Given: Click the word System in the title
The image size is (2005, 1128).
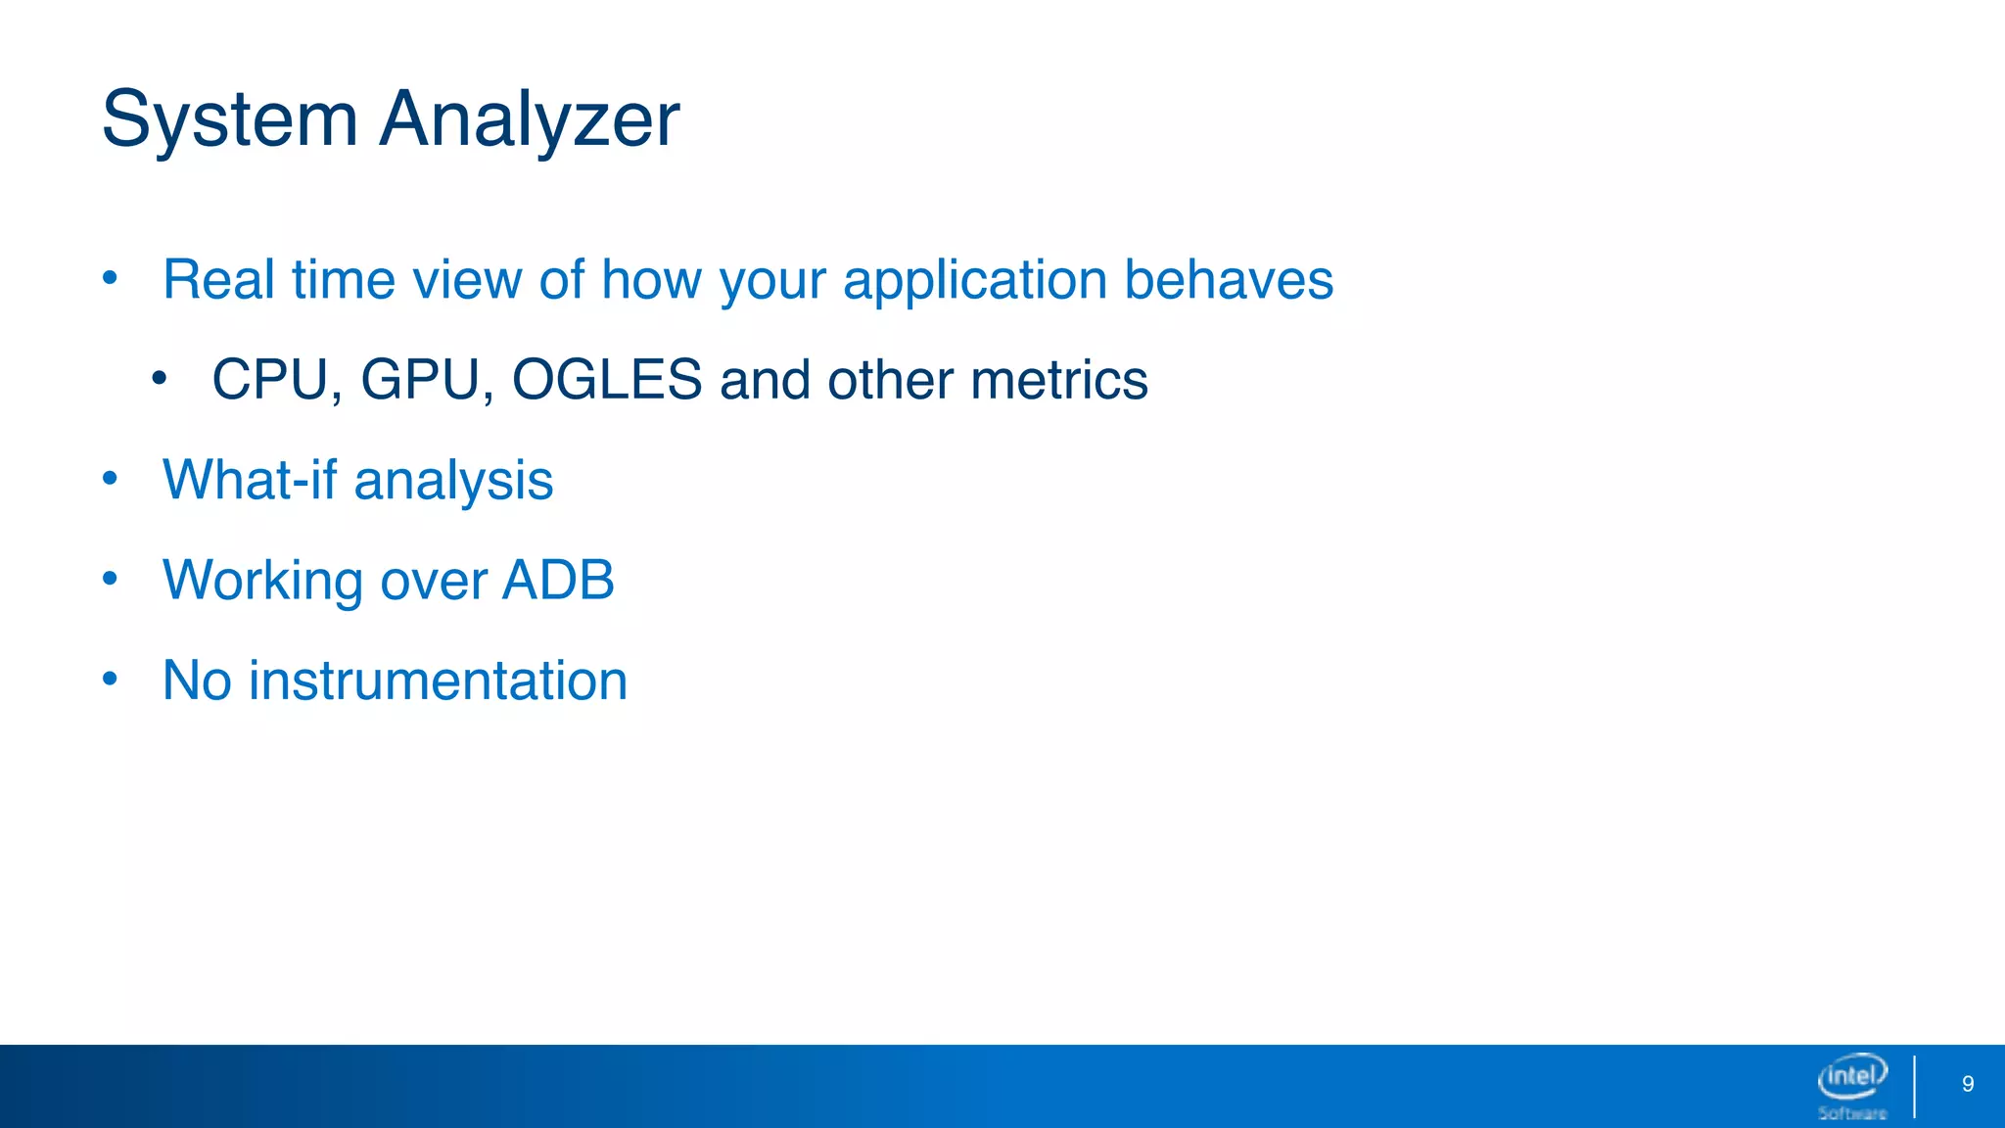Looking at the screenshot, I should pyautogui.click(x=229, y=119).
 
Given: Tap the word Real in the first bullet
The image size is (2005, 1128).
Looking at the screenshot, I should pyautogui.click(x=218, y=280).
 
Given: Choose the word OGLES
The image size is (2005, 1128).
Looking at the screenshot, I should pyautogui.click(x=607, y=380).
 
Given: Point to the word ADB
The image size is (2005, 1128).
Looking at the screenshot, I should pyautogui.click(x=558, y=580).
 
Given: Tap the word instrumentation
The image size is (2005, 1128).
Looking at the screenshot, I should pyautogui.click(x=438, y=681).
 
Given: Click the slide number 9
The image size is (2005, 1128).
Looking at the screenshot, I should pyautogui.click(x=1968, y=1084).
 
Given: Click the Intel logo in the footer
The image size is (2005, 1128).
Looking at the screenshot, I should pyautogui.click(x=1852, y=1077).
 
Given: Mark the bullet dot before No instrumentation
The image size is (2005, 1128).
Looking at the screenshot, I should pyautogui.click(x=110, y=678).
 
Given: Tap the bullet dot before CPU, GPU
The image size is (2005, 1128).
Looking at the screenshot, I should pyautogui.click(x=160, y=377).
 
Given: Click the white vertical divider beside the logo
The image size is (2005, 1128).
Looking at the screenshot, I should pyautogui.click(x=1914, y=1086).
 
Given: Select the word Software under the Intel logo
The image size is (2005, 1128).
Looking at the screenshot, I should pyautogui.click(x=1852, y=1113).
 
